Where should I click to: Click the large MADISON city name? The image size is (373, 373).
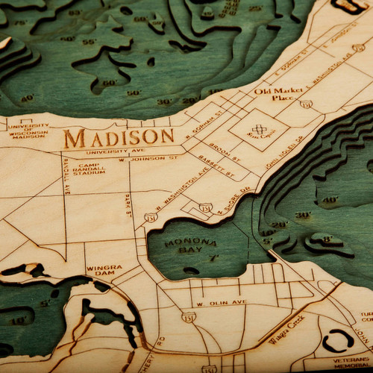(x=119, y=138)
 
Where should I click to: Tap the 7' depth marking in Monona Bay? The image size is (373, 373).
(x=214, y=258)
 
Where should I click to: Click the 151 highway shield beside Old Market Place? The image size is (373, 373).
(x=306, y=104)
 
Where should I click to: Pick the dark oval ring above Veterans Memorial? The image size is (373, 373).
(x=339, y=340)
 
